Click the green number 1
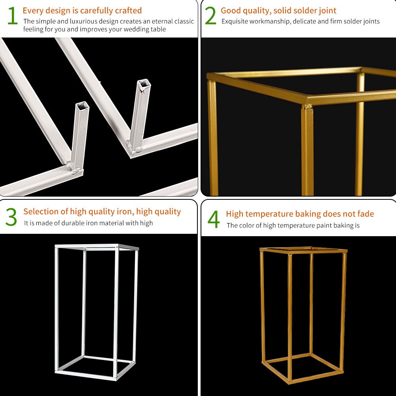pyautogui.click(x=12, y=16)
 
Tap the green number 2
pyautogui.click(x=210, y=16)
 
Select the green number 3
pyautogui.click(x=11, y=217)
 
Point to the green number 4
pyautogui.click(x=214, y=220)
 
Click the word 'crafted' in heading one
pyautogui.click(x=127, y=11)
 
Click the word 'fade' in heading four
pyautogui.click(x=365, y=214)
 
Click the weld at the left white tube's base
pyautogui.click(x=75, y=169)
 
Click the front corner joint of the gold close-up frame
pyautogui.click(x=307, y=107)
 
